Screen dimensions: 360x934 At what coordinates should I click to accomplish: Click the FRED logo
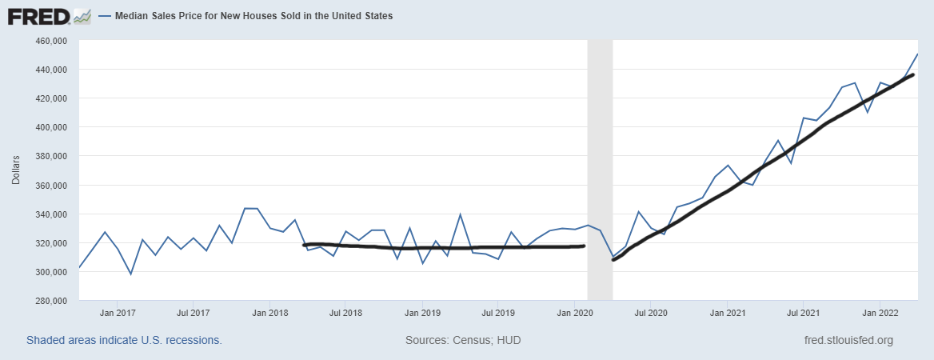[50, 15]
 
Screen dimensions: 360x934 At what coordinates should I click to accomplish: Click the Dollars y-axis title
[16, 171]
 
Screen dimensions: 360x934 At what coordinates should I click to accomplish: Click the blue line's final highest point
[917, 54]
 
